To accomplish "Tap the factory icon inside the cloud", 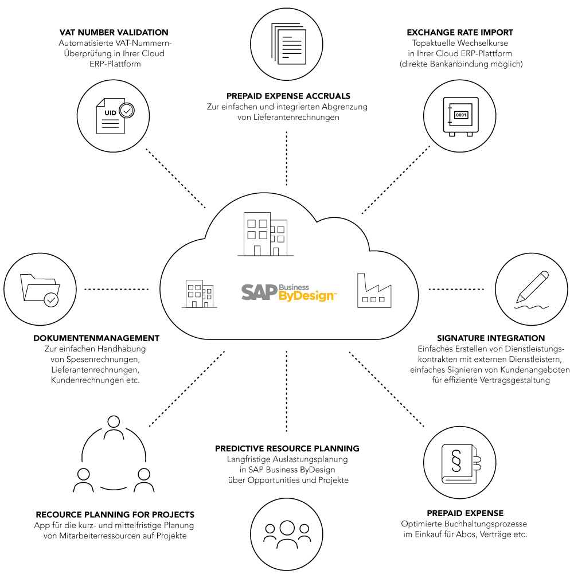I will point(374,291).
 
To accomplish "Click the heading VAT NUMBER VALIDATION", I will point(114,32).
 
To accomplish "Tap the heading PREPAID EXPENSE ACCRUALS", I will point(287,96).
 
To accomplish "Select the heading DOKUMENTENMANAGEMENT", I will point(96,338).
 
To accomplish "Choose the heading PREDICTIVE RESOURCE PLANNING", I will point(287,448).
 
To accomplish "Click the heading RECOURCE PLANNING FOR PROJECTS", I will point(115,514).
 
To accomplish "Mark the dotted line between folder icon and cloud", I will point(117,289).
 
